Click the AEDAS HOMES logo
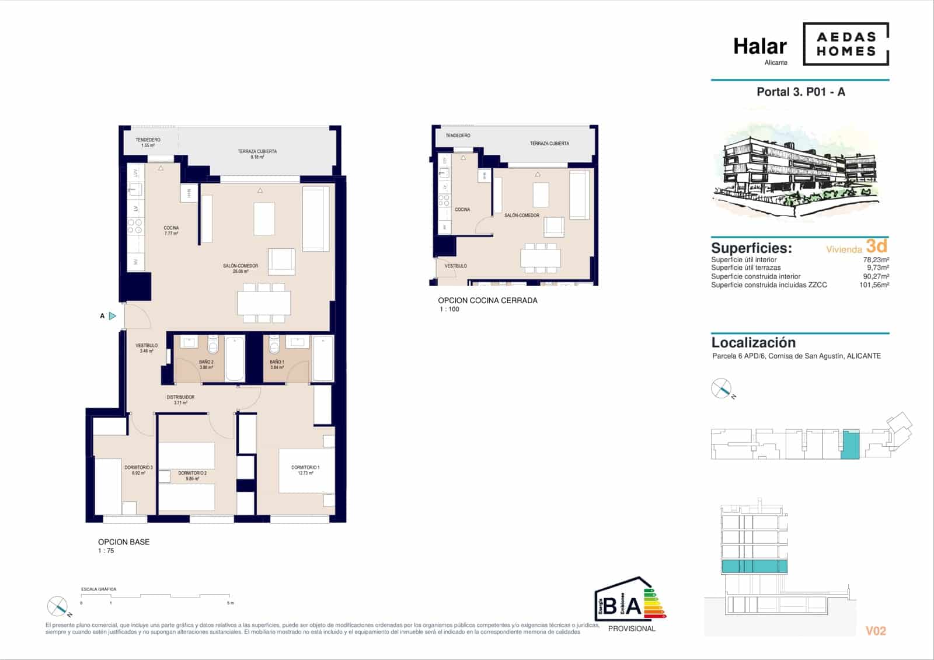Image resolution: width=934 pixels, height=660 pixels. click(846, 44)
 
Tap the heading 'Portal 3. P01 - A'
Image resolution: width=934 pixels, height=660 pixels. click(800, 92)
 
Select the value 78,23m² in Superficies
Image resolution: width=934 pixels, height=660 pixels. click(876, 260)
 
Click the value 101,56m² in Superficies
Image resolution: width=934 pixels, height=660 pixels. click(874, 285)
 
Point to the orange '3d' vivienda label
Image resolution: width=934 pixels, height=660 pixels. click(876, 245)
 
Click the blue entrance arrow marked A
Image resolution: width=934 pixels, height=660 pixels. click(113, 316)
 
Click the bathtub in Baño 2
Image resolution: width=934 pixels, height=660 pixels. click(235, 358)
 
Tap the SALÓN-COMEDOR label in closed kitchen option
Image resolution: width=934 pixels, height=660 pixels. click(522, 216)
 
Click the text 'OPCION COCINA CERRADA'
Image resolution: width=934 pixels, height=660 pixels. click(487, 300)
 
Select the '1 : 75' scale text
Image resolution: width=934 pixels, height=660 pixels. click(106, 551)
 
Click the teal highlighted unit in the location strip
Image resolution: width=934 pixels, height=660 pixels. click(850, 444)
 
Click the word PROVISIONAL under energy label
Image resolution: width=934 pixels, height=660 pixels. click(632, 628)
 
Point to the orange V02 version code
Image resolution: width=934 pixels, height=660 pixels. click(876, 631)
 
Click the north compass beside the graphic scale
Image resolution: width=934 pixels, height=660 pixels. click(58, 606)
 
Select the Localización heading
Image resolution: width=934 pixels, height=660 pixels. click(753, 343)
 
